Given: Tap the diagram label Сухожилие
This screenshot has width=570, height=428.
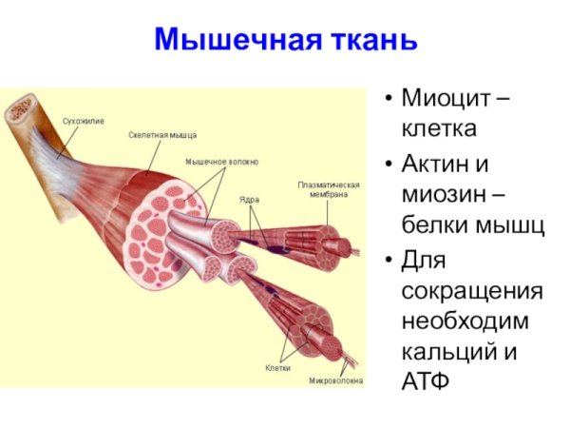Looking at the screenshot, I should point(84,122).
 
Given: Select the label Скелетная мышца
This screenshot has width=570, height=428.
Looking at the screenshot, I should point(162,135).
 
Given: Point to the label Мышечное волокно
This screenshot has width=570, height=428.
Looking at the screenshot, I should point(220,162).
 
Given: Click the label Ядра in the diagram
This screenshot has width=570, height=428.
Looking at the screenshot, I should point(250,201).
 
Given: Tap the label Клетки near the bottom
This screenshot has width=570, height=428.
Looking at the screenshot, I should point(278,366).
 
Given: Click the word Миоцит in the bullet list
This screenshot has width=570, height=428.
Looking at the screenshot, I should point(442,98).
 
